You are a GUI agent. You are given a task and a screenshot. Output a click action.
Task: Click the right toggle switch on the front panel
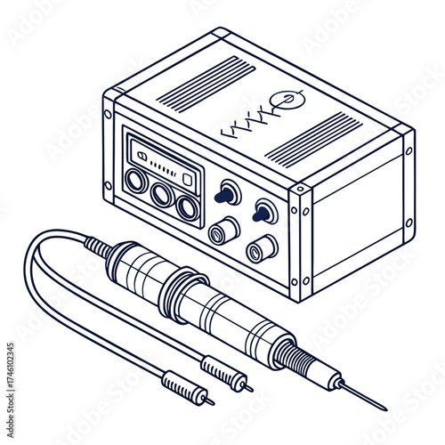(x=263, y=212)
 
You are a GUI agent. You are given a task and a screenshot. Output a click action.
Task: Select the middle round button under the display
(x=162, y=194)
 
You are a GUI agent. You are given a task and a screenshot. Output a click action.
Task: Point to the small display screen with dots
(x=163, y=165)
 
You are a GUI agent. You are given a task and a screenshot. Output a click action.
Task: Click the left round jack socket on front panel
(x=222, y=232)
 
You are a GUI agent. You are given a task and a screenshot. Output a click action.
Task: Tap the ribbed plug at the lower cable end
(x=183, y=389)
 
